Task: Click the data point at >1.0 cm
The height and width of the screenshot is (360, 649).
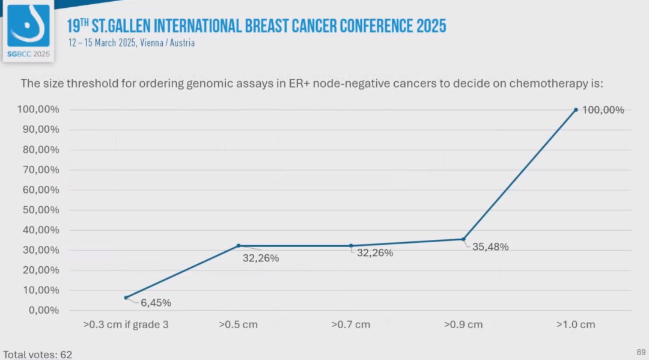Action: pos(576,109)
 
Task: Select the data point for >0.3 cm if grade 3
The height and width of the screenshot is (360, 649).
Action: pos(126,297)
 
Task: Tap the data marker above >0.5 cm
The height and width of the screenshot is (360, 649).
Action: pos(239,246)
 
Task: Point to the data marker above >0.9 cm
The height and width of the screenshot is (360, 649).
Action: pos(463,239)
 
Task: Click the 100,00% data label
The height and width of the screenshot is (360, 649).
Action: pos(603,110)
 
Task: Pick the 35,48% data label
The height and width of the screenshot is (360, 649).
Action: pos(490,247)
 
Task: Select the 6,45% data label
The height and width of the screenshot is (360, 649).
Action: pos(156,303)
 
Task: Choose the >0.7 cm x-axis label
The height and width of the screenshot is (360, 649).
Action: pos(351,325)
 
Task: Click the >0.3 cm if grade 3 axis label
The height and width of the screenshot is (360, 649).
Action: pos(126,325)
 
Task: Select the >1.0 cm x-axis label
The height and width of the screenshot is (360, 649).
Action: pos(576,325)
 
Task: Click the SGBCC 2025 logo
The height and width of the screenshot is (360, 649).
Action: pos(29,30)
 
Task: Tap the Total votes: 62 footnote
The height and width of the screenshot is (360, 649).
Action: pos(37,355)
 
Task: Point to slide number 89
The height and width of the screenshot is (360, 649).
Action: pos(641,351)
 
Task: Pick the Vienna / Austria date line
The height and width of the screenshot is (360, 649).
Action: pos(131,43)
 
